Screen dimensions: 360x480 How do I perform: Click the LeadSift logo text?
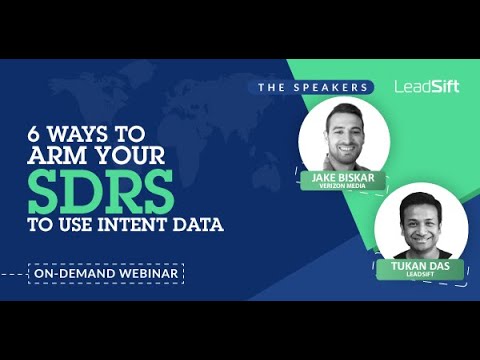426,86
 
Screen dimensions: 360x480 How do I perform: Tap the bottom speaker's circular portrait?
414,225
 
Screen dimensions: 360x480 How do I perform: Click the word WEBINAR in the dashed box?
149,272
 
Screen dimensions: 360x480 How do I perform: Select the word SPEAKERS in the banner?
330,87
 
